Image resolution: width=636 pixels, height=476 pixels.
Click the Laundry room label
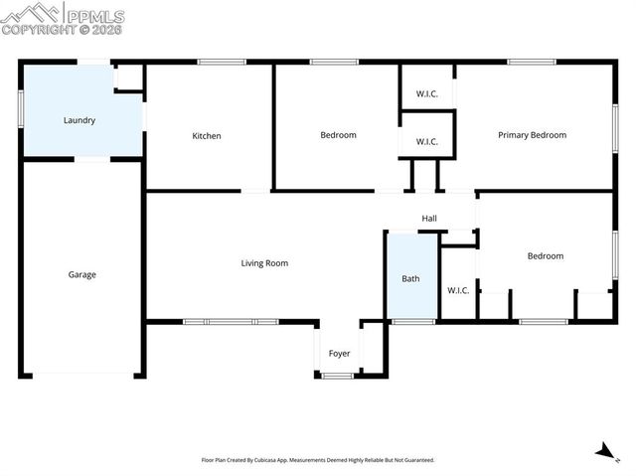[x=79, y=120]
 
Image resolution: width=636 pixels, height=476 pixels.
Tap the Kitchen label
[x=207, y=136]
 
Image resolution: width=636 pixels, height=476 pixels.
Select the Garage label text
[x=81, y=274]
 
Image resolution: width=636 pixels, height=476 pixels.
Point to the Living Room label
[x=264, y=263]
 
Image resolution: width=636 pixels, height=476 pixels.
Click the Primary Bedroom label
[x=532, y=135]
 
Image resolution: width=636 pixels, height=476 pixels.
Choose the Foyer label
[x=339, y=353]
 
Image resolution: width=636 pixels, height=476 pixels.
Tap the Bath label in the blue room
[x=410, y=279]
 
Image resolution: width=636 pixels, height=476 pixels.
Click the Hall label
[x=429, y=219]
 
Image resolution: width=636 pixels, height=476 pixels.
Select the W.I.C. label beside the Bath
[x=457, y=290]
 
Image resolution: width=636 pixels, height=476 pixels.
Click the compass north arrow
[x=602, y=452]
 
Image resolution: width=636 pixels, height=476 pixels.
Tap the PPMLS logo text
[x=95, y=17]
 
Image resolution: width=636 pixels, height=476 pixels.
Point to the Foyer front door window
[x=338, y=375]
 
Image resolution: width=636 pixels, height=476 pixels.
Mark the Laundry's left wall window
[x=21, y=108]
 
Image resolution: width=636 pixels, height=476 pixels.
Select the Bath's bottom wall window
[x=412, y=321]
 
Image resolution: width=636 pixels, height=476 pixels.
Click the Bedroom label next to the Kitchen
[x=338, y=135]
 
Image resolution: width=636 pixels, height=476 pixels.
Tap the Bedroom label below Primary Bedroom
[x=545, y=256]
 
